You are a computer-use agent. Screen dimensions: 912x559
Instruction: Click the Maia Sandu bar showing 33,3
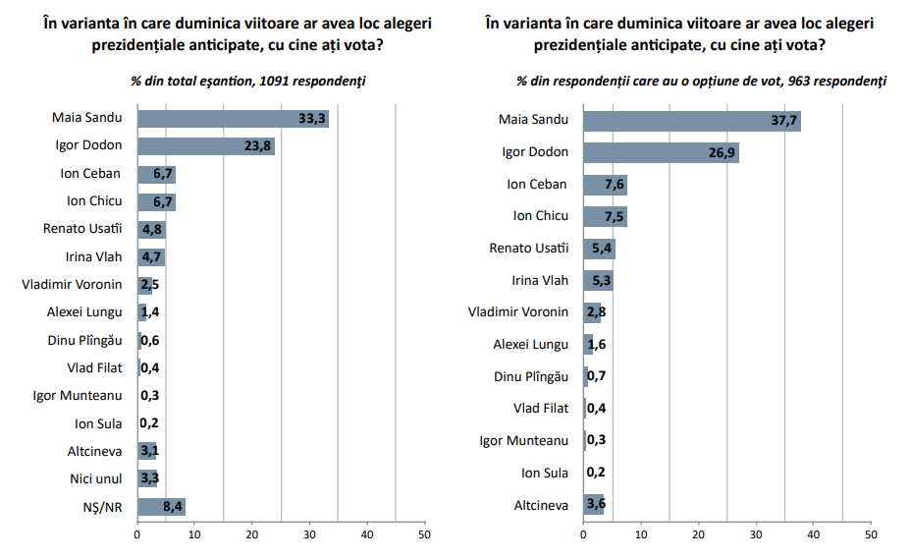[234, 119]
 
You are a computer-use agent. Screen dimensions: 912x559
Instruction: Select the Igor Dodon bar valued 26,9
[662, 152]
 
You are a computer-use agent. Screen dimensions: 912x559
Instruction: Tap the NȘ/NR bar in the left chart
[162, 507]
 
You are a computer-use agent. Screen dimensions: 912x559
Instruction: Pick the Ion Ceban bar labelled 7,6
[606, 185]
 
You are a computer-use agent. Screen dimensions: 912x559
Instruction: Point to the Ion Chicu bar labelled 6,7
[156, 202]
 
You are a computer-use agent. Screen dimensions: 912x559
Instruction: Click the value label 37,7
[784, 121]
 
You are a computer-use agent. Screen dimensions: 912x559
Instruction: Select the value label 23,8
[257, 146]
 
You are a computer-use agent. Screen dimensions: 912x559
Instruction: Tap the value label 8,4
[173, 507]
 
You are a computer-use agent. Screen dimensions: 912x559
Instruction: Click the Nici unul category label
[96, 478]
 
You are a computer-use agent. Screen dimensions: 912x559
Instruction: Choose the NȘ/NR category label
[102, 507]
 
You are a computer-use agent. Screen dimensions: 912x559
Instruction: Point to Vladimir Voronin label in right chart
[518, 312]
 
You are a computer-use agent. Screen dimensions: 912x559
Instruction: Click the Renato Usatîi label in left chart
[82, 228]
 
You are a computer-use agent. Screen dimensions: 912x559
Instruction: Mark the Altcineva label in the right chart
[541, 505]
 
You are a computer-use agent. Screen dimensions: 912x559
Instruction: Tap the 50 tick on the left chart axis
[425, 534]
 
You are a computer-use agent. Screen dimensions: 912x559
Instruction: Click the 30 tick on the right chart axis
[756, 534]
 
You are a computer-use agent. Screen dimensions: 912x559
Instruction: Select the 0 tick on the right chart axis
[583, 534]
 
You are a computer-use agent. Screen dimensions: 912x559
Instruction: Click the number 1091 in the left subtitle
[274, 81]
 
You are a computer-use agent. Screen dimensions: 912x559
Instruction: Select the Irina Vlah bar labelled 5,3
[599, 281]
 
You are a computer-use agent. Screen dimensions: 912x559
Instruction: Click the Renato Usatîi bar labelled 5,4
[600, 249]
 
